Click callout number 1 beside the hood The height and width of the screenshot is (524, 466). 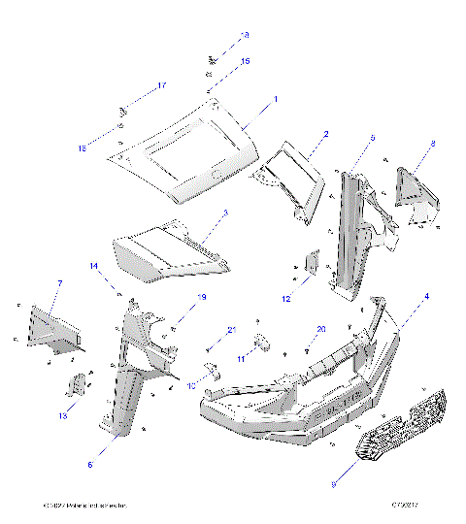[x=275, y=99]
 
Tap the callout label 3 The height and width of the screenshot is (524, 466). [x=225, y=213]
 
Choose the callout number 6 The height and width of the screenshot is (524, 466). [x=89, y=465]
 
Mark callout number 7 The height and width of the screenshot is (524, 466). [x=60, y=282]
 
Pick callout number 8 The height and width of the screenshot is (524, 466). [x=432, y=144]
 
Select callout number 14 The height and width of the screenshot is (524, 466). [x=94, y=266]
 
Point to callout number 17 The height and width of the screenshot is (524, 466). [x=162, y=86]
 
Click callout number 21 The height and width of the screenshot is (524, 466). [x=232, y=331]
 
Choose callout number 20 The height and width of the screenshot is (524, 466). [x=321, y=329]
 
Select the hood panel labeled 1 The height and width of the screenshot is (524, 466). [x=184, y=150]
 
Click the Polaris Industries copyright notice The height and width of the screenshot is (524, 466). [x=85, y=507]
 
